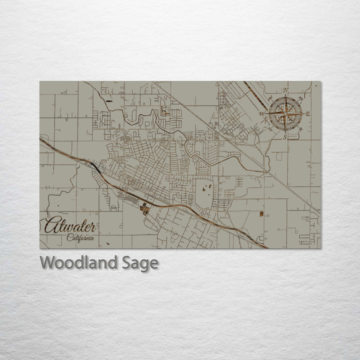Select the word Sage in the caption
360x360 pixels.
(140, 263)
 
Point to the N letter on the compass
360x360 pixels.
(285, 90)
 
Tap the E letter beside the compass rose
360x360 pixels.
(308, 114)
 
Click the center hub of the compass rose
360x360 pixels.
(285, 114)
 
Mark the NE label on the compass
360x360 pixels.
(300, 98)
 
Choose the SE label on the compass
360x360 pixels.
(300, 129)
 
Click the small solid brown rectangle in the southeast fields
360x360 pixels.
(261, 214)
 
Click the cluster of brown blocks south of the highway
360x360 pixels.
(145, 208)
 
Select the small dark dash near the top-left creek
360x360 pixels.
(108, 101)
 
